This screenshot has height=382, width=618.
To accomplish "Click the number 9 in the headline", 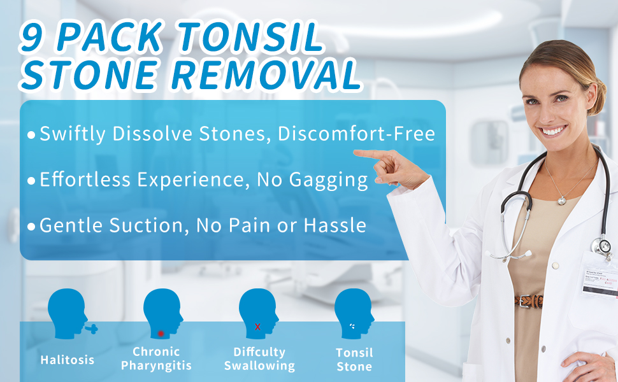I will point(32,38).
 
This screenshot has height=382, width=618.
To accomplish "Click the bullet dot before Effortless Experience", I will point(31,181).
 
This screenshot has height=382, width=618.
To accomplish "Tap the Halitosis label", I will point(67,360).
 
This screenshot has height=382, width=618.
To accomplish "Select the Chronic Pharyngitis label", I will point(156,358).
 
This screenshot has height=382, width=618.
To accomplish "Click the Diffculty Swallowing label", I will point(259,358).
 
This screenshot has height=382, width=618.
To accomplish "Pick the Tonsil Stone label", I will point(354,359).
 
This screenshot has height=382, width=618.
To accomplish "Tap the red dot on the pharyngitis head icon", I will point(161,333).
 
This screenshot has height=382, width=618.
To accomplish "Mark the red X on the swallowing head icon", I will point(257,327).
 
